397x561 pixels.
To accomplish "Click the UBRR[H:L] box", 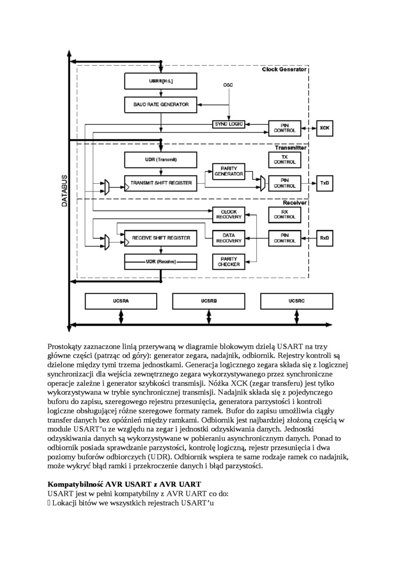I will (x=161, y=81).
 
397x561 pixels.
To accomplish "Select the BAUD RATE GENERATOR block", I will (x=161, y=104).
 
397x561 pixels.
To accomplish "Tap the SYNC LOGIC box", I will (x=228, y=124).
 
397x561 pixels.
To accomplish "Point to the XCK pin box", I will (x=324, y=127).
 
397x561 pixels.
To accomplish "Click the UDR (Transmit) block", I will (x=161, y=159).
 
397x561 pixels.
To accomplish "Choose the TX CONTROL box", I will (x=285, y=159).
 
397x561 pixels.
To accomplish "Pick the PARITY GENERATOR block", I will (x=228, y=171).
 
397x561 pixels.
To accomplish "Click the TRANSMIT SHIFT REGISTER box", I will (x=161, y=183).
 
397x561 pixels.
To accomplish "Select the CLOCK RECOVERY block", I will (x=228, y=213).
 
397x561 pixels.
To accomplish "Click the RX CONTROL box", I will (x=285, y=213).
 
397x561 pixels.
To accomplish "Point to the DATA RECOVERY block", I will (x=228, y=238).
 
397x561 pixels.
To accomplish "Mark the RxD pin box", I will (x=324, y=238).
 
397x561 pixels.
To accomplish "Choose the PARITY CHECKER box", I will (x=228, y=261).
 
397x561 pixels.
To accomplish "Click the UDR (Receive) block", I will (x=161, y=260).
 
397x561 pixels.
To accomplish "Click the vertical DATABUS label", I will (x=64, y=190).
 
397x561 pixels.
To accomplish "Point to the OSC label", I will (x=228, y=84).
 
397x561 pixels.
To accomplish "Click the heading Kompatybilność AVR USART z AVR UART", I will (x=124, y=484).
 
